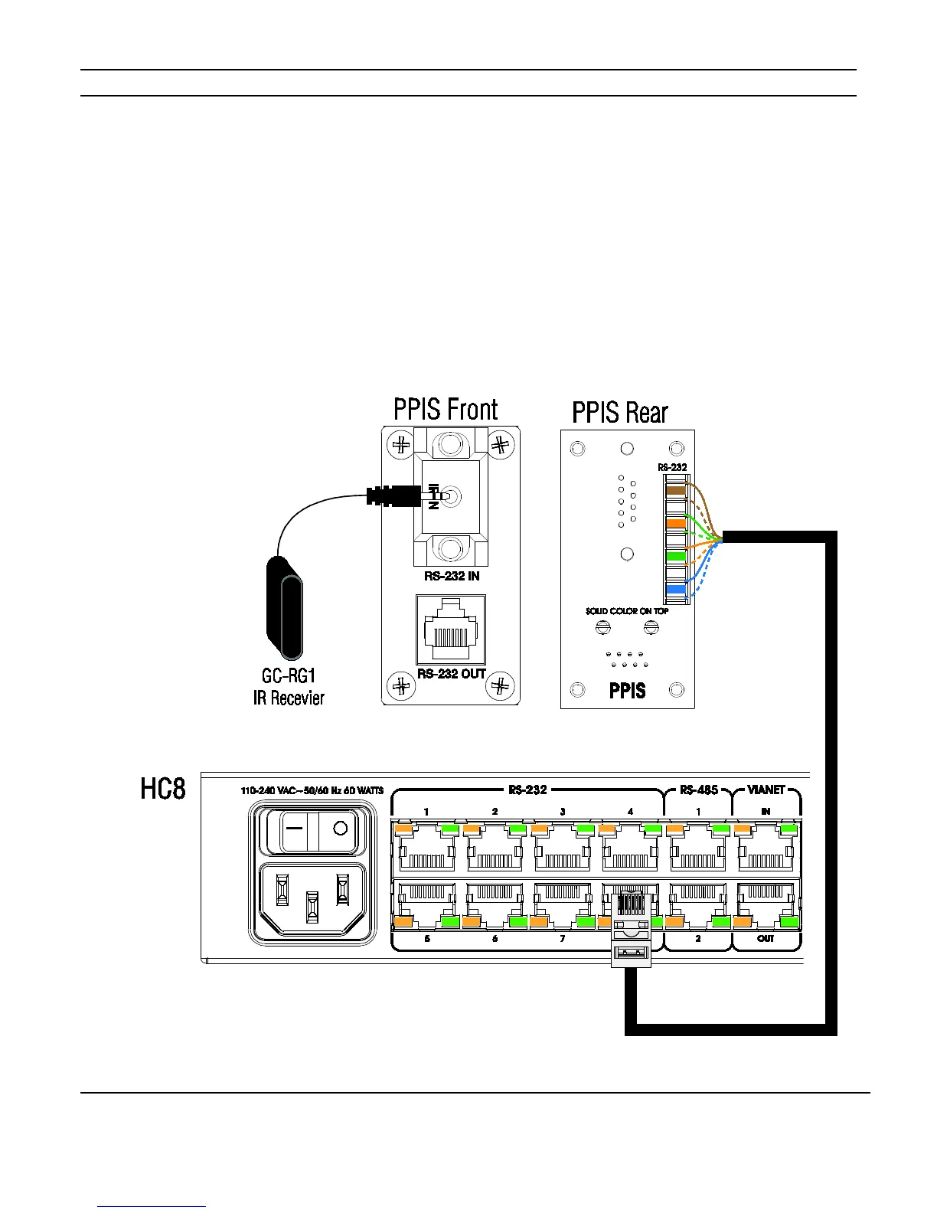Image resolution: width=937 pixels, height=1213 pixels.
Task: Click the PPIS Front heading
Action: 446,410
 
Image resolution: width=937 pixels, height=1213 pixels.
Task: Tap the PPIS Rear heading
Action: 620,414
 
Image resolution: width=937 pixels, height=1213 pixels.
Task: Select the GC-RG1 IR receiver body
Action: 284,609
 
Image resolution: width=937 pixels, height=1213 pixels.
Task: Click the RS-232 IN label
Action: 452,576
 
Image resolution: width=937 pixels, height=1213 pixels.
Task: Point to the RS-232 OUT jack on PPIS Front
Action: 451,630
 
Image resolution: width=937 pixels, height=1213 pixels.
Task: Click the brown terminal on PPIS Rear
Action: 675,490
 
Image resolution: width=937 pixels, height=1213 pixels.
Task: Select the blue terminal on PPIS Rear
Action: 675,589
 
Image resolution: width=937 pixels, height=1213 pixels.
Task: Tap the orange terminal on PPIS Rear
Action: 675,523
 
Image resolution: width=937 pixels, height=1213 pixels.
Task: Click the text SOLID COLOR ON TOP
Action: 627,611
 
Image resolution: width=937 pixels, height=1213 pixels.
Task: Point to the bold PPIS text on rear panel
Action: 627,691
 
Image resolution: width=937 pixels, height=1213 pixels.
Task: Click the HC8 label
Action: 163,789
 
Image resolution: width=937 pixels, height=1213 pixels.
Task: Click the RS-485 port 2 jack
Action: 698,904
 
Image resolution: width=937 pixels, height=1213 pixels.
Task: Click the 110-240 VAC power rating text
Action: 312,790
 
